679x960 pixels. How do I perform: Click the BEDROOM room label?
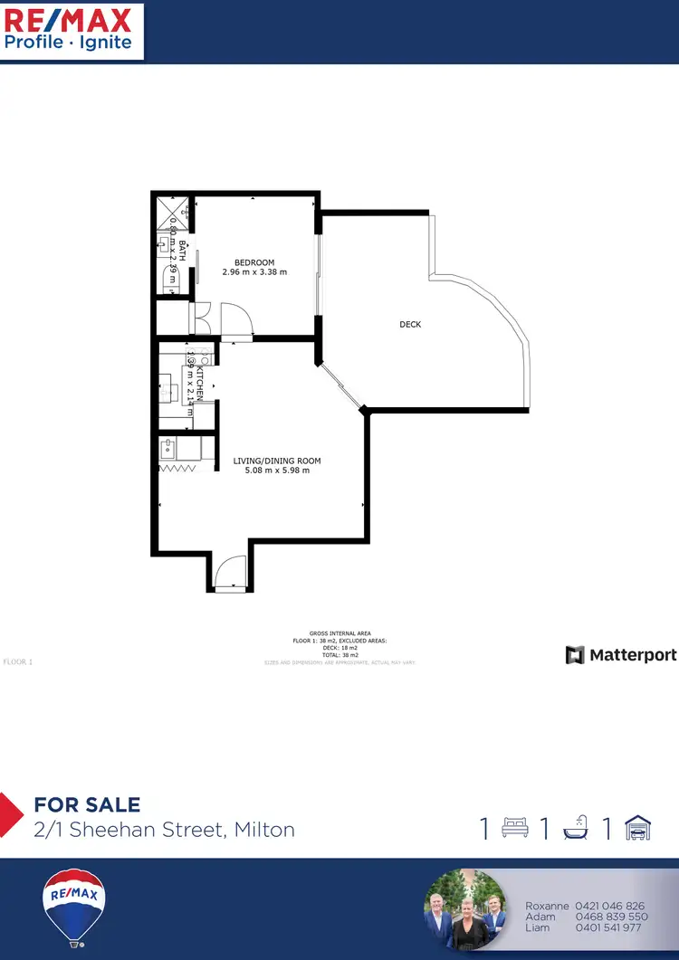click(254, 262)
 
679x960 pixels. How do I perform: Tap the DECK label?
click(410, 324)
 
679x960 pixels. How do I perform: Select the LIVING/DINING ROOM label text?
click(277, 461)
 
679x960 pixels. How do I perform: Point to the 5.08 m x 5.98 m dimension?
click(277, 470)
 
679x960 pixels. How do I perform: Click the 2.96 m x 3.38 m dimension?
click(254, 272)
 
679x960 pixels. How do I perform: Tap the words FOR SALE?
click(87, 804)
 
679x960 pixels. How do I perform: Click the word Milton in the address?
click(264, 829)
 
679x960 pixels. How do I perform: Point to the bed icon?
click(515, 828)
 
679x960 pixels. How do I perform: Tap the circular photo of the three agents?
click(465, 910)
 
